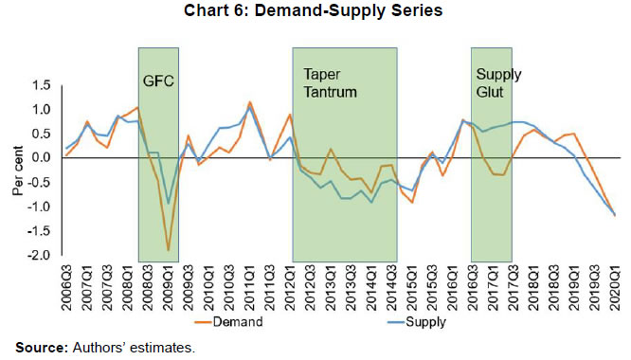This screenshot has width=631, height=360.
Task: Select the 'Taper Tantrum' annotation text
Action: click(327, 82)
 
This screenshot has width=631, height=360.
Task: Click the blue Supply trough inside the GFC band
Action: click(169, 203)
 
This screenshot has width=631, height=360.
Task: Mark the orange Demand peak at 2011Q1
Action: click(249, 102)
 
